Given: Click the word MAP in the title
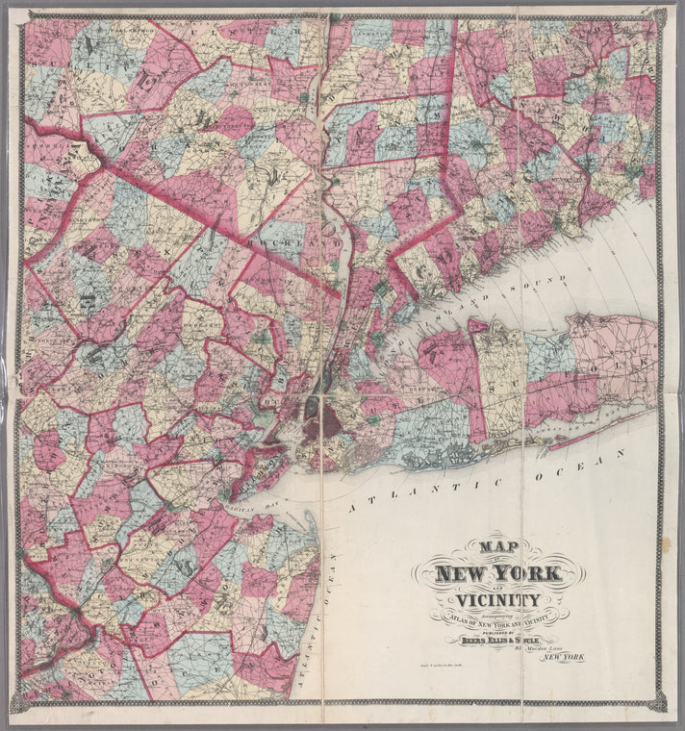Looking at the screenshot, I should [498, 544].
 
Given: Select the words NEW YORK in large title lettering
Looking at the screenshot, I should [497, 575].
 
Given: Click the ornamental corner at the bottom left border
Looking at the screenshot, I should [19, 705].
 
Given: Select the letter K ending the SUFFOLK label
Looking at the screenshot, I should [643, 366].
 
